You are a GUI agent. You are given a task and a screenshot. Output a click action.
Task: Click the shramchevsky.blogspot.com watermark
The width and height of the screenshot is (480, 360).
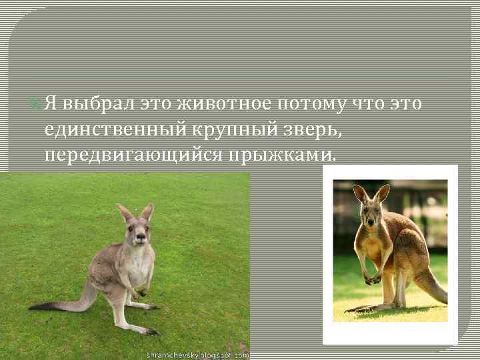click(x=197, y=355)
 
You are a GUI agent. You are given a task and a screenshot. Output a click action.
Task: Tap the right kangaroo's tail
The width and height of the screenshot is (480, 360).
click(x=430, y=283)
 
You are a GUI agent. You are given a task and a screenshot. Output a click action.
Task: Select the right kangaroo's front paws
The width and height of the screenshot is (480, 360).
click(x=372, y=280)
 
